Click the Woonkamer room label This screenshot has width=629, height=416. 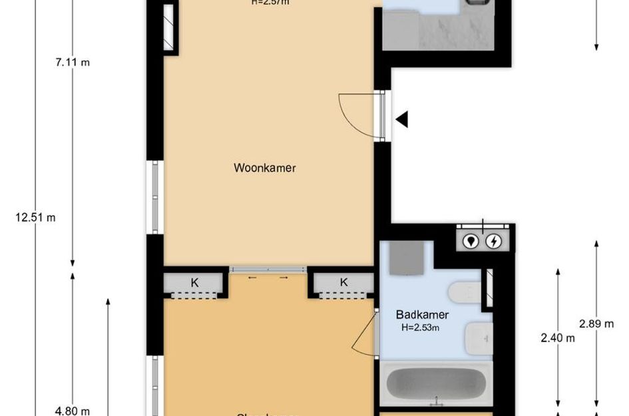point(264,168)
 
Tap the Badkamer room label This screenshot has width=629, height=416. point(422,315)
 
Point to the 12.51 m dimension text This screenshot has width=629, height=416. point(35,217)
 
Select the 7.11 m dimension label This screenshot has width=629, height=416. point(73,63)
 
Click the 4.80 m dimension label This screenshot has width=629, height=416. point(73,411)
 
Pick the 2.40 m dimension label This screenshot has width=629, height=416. point(557,337)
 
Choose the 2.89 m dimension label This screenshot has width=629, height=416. point(596,324)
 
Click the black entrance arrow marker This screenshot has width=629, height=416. point(401,120)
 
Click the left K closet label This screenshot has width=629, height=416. point(194,283)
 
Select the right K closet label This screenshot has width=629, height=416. point(343,282)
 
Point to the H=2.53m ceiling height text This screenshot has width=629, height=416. point(420,327)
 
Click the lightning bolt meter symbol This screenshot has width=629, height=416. point(494,241)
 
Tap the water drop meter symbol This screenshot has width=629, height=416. point(472,241)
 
